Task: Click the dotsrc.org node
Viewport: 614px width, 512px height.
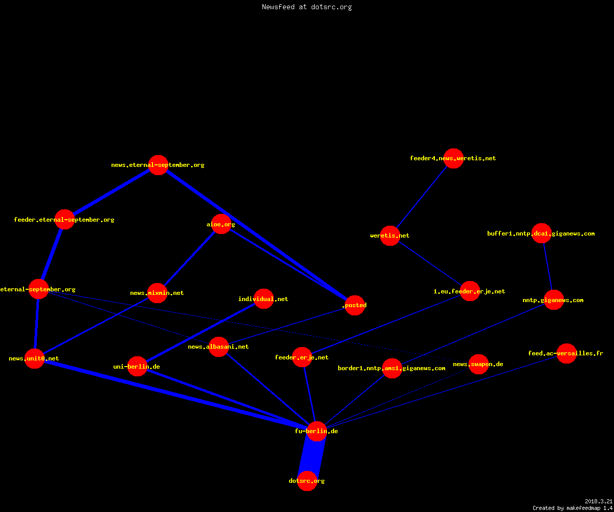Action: point(307,481)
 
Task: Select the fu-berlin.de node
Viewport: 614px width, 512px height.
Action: point(317,431)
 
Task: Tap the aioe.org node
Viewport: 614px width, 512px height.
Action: point(221,224)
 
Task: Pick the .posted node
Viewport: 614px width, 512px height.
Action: point(355,305)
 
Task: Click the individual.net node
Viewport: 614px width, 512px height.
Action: point(264,298)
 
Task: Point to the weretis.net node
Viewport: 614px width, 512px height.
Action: point(390,236)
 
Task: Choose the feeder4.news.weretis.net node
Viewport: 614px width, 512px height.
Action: point(453,158)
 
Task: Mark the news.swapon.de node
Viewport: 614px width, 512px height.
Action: point(478,364)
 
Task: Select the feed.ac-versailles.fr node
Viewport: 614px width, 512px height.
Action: point(566,353)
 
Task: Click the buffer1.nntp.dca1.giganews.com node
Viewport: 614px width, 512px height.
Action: point(541,233)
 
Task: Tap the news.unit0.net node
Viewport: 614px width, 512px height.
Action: point(34,358)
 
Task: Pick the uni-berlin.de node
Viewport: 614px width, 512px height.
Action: point(137,367)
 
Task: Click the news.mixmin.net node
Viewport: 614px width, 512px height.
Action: point(157,293)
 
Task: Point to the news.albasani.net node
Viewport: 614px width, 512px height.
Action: point(218,347)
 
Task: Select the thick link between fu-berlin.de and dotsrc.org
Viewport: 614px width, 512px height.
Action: point(312,456)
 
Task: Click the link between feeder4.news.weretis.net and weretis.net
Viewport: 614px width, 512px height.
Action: point(422,197)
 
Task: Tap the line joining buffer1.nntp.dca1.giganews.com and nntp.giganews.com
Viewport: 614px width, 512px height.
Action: point(547,267)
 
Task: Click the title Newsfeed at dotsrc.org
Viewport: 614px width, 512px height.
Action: point(306,7)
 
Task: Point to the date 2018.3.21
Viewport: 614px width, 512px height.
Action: point(599,501)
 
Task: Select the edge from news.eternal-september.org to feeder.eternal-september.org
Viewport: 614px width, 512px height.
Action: point(112,192)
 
